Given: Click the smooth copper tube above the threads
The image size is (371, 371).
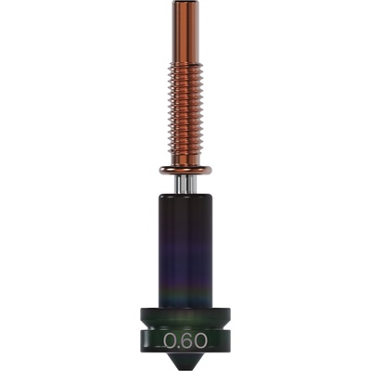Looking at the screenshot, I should click(x=185, y=32).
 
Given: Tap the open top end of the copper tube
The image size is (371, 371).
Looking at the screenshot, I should click(x=185, y=3).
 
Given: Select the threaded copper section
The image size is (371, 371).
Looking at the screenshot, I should click(x=185, y=111).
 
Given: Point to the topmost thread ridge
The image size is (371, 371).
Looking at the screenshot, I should click(x=185, y=65).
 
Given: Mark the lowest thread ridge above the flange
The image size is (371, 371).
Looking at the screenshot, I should click(x=185, y=159).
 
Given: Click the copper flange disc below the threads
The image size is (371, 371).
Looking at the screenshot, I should click(x=185, y=170).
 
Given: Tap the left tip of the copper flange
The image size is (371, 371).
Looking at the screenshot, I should click(x=161, y=170).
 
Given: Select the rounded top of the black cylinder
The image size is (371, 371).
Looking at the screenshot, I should click(x=185, y=198).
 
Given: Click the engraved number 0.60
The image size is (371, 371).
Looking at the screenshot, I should click(x=185, y=340).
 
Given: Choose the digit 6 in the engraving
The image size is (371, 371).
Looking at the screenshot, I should click(x=186, y=340).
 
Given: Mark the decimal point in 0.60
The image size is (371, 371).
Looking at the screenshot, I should click(x=177, y=346).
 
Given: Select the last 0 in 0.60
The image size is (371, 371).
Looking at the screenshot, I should click(x=201, y=340).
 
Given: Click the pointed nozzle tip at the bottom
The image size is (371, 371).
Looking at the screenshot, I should click(x=185, y=365).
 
